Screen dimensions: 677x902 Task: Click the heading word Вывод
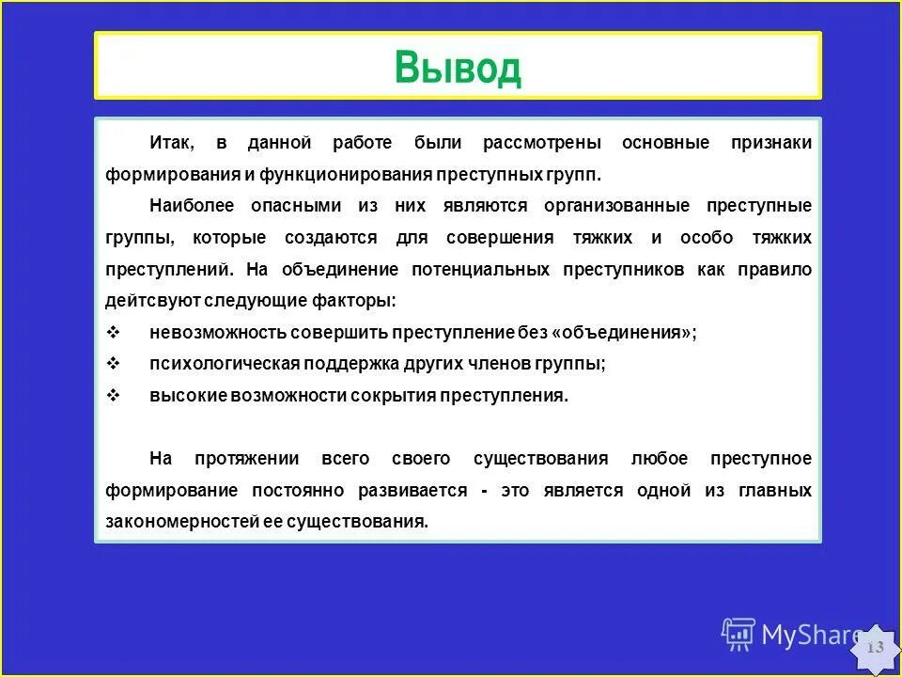pyautogui.click(x=458, y=67)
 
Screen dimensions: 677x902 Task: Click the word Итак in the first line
pyautogui.click(x=170, y=143)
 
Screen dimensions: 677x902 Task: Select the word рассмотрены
pyautogui.click(x=542, y=143)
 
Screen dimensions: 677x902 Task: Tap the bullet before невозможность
pyautogui.click(x=113, y=333)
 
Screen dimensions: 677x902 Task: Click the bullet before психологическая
pyautogui.click(x=113, y=364)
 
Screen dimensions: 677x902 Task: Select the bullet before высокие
pyautogui.click(x=113, y=396)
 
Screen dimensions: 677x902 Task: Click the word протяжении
pyautogui.click(x=247, y=459)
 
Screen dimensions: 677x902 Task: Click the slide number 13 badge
pyautogui.click(x=875, y=648)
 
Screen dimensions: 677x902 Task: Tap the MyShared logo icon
pyautogui.click(x=739, y=635)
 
